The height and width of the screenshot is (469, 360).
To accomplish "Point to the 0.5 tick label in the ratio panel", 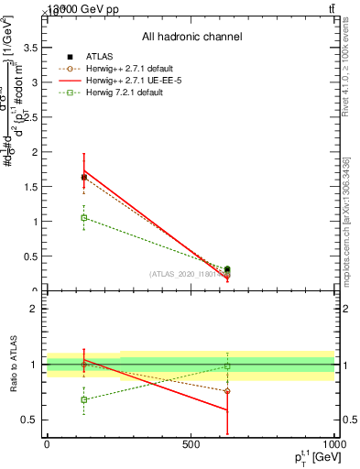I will tap(30, 420).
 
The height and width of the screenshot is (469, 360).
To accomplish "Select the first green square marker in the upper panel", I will tap(84, 218).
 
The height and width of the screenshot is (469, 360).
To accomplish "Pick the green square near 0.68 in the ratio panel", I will tap(84, 399).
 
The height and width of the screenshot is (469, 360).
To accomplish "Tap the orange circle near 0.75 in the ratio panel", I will tap(227, 391).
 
